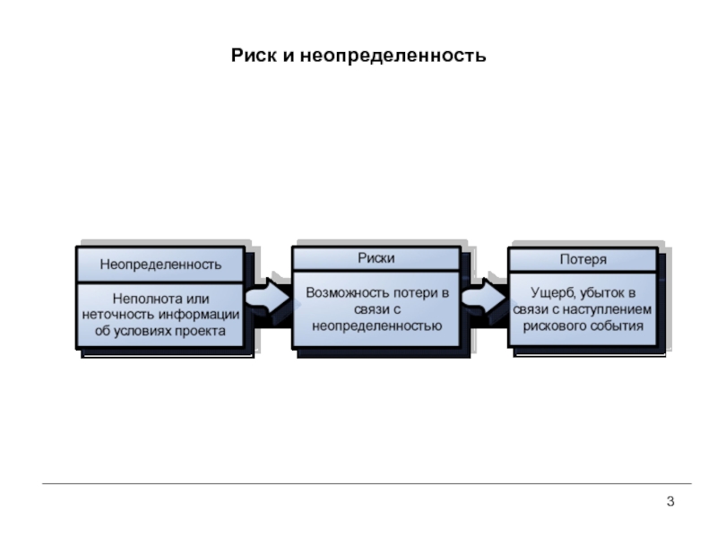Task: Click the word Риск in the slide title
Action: (254, 56)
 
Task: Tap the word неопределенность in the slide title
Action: (393, 56)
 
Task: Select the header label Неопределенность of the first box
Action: (160, 265)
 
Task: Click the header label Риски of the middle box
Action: (376, 258)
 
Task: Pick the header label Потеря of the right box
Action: (583, 259)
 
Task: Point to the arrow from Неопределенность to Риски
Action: (268, 298)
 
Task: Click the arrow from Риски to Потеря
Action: (485, 298)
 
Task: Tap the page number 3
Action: (670, 501)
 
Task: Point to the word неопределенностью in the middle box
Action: (376, 325)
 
